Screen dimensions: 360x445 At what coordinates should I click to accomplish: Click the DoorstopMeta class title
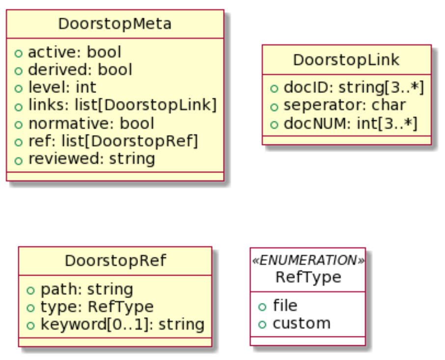[115, 24]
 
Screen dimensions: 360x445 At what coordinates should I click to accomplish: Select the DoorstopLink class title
[346, 60]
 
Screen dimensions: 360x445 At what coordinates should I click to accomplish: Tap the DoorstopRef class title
[115, 261]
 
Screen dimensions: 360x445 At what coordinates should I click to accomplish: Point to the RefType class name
[308, 277]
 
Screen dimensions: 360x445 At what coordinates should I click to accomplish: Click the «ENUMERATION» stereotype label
[308, 260]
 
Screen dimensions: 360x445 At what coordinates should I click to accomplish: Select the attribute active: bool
[74, 52]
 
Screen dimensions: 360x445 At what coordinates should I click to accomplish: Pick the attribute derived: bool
[80, 70]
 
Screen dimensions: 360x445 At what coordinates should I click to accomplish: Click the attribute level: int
[62, 87]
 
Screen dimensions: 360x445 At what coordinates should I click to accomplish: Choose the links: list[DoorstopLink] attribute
[122, 105]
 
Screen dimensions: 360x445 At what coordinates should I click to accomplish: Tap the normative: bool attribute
[90, 123]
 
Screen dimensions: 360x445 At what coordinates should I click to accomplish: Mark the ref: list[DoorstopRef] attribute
[112, 141]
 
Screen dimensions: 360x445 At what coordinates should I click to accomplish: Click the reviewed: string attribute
[91, 159]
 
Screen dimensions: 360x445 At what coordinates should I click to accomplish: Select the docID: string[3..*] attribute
[353, 87]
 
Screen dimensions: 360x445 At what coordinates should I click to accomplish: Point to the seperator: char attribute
[344, 105]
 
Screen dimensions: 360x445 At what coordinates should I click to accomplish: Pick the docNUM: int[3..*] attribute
[350, 123]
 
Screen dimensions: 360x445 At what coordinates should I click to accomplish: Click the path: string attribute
[86, 289]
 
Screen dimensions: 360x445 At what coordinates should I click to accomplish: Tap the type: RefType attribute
[97, 306]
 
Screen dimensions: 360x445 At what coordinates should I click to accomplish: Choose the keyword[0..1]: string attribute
[122, 324]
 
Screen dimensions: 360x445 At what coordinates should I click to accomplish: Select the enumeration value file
[285, 305]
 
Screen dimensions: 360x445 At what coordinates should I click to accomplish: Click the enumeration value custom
[301, 323]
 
